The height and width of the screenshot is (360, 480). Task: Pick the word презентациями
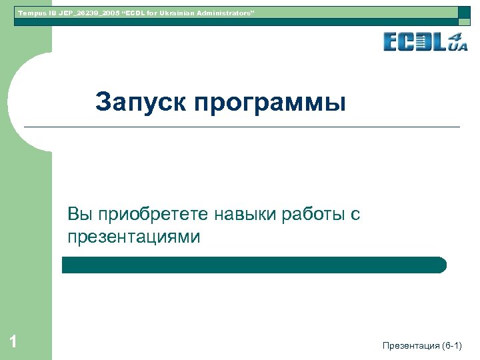[x=133, y=237]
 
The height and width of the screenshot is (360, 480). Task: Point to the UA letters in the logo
[x=459, y=46]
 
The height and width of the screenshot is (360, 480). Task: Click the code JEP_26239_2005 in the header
[x=81, y=13]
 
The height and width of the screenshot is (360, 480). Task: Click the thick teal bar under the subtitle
[x=254, y=265]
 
